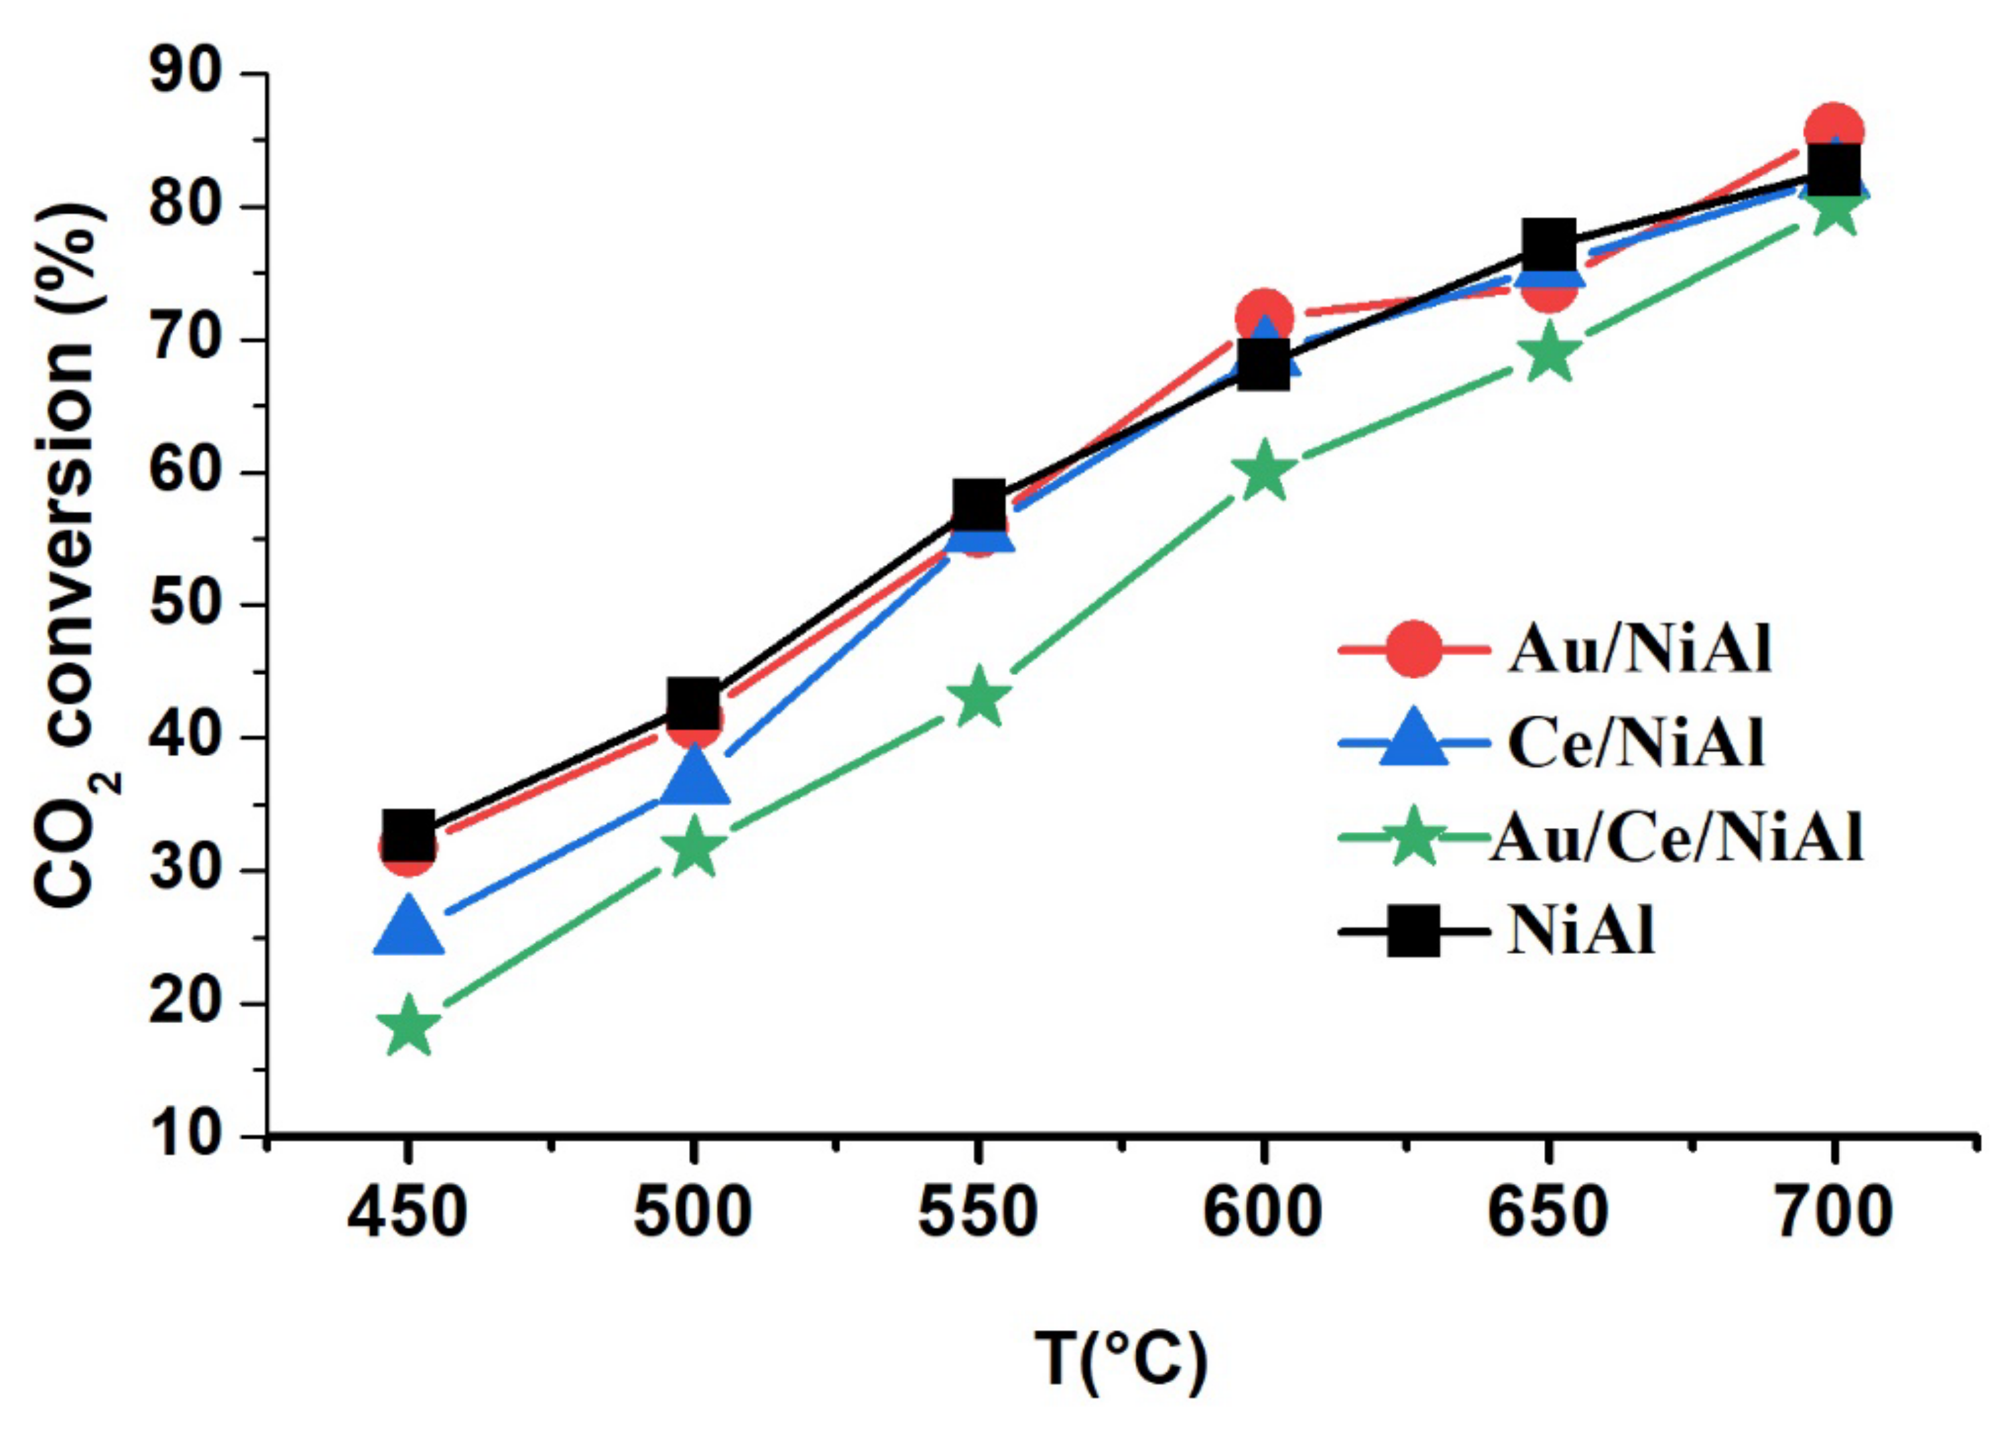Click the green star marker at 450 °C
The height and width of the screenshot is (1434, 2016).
[407, 1026]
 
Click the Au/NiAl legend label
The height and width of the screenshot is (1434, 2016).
[1640, 652]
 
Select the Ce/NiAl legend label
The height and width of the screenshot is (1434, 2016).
[1635, 744]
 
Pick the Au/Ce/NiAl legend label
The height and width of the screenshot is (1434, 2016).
[1677, 838]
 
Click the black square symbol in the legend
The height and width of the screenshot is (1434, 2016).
[1413, 932]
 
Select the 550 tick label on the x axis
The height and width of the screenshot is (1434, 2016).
[978, 1214]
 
